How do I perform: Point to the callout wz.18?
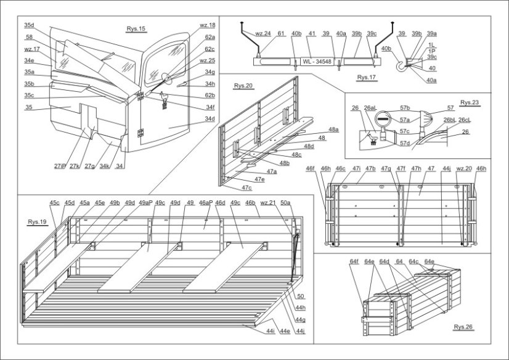coord(207,25)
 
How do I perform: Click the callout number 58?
coord(29,37)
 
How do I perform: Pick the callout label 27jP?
coord(60,166)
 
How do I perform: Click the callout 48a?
coord(333,130)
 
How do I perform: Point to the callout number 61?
coord(280,35)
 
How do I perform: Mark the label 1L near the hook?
coord(433,46)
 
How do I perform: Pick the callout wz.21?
coord(267,202)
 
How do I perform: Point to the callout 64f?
coord(354,261)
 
